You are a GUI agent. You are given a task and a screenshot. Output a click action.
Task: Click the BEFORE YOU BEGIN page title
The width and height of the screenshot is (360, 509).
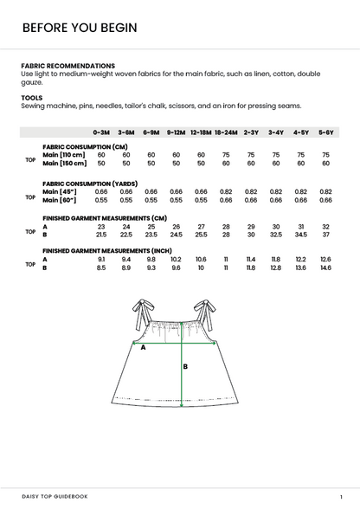tap(79, 28)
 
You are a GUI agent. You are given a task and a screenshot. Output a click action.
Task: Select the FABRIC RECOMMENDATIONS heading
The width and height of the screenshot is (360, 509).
tap(67, 66)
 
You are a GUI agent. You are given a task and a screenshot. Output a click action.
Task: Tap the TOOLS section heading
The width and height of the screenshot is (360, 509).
tap(32, 98)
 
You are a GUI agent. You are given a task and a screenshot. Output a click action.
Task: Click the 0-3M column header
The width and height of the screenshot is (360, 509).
tap(100, 132)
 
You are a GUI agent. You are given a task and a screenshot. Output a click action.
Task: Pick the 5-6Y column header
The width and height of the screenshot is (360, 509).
tap(326, 132)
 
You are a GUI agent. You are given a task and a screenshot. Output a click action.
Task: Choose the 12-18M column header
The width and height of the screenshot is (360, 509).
tap(200, 132)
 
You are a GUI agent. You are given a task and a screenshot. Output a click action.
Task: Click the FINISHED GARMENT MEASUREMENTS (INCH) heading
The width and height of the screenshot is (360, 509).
tap(107, 250)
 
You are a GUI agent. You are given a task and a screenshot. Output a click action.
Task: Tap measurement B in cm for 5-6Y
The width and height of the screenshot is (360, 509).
tap(326, 235)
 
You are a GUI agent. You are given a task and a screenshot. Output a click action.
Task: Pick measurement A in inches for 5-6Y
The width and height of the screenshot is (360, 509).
tap(326, 259)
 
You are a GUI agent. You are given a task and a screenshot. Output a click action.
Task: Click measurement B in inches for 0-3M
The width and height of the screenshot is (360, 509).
tap(101, 267)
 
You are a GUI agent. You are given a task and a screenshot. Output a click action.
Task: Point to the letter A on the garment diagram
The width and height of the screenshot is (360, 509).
tap(143, 348)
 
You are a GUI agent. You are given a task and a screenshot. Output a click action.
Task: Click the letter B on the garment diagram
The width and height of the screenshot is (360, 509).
tap(185, 366)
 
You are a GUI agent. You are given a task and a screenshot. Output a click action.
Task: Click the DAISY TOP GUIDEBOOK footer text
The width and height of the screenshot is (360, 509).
tap(55, 496)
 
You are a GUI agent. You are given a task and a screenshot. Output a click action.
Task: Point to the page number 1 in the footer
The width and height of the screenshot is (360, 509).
tap(342, 496)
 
